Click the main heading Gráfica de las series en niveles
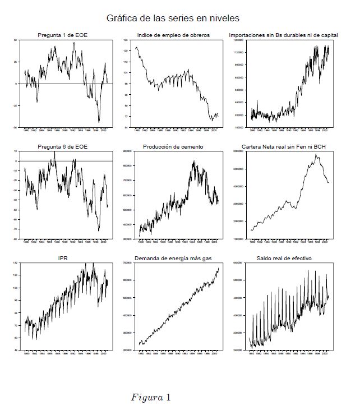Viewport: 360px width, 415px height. pyautogui.click(x=173, y=18)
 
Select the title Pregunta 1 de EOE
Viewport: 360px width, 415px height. pyautogui.click(x=62, y=35)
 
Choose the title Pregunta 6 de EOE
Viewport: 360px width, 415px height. pyautogui.click(x=62, y=146)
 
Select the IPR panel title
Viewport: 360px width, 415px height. pyautogui.click(x=62, y=259)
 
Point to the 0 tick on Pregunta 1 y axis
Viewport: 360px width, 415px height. pyautogui.click(x=17, y=84)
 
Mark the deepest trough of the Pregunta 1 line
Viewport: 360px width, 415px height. pyautogui.click(x=99, y=122)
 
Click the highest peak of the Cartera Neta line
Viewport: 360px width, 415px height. pyautogui.click(x=316, y=154)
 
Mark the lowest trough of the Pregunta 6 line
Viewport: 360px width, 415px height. pyautogui.click(x=99, y=230)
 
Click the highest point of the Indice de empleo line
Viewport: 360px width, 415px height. pyautogui.click(x=136, y=48)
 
